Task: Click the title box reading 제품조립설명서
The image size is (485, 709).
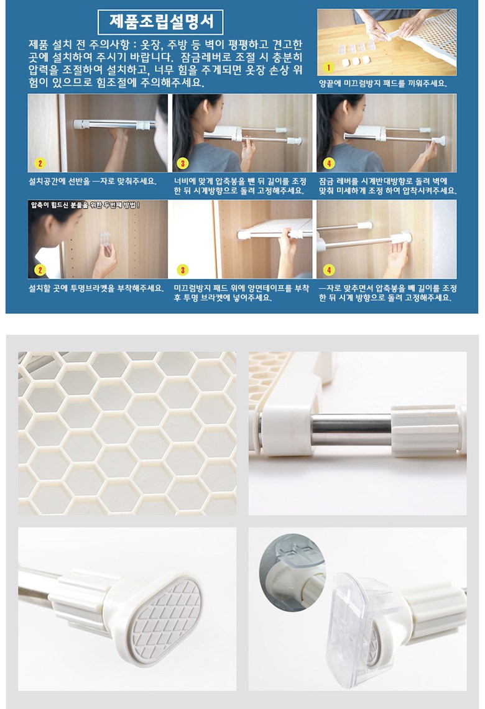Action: click(160, 22)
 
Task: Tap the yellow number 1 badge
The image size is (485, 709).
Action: click(329, 67)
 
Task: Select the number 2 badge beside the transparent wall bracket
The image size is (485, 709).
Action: click(40, 270)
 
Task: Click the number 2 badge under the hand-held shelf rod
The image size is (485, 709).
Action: click(40, 163)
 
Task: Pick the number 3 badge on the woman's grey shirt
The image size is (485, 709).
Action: click(183, 163)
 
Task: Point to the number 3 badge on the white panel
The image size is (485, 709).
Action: click(183, 270)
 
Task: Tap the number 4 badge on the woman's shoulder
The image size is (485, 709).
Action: click(329, 163)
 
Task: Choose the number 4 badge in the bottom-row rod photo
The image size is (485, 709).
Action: click(329, 270)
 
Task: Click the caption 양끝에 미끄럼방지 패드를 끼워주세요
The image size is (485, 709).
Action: click(383, 84)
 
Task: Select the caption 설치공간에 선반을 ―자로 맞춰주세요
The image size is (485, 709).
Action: click(93, 181)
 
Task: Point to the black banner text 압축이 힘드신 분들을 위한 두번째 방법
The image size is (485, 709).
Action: click(85, 205)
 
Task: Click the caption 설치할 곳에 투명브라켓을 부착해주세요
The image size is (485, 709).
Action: click(96, 288)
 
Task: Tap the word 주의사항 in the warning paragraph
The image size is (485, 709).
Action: click(111, 45)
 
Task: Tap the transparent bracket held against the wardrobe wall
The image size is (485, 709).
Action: click(105, 238)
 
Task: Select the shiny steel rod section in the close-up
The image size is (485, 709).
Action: click(351, 430)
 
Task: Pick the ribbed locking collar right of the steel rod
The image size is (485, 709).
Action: click(425, 431)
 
